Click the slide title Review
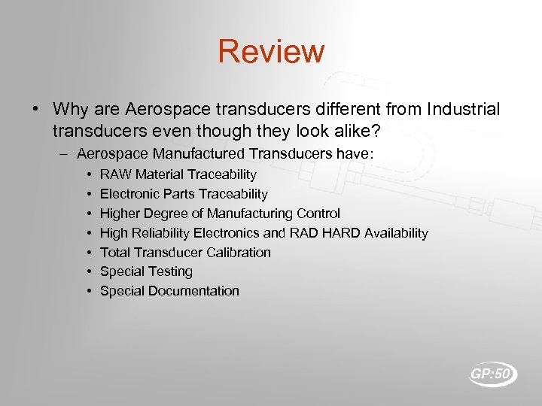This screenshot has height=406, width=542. (x=271, y=52)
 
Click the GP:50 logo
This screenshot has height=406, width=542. (x=493, y=374)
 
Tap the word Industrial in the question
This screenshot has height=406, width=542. (x=463, y=110)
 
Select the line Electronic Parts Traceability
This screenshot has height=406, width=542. (x=184, y=194)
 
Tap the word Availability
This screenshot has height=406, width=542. (x=396, y=233)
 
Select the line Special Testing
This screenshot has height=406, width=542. (x=146, y=271)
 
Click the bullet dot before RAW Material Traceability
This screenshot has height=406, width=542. (x=89, y=174)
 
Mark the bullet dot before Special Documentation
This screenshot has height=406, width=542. (x=89, y=291)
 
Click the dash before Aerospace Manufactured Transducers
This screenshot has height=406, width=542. (x=65, y=154)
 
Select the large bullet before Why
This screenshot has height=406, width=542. (x=35, y=110)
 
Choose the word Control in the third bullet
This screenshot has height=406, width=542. (x=318, y=214)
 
